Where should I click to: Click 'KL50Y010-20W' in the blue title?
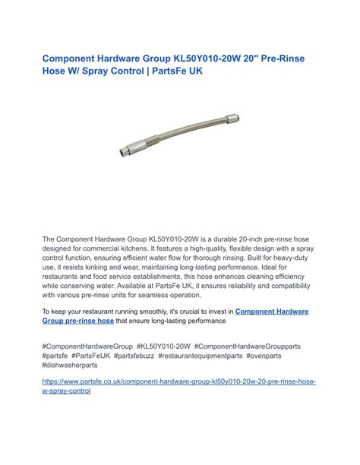pyautogui.click(x=200, y=58)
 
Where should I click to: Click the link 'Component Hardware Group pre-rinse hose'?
pyautogui.click(x=176, y=316)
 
